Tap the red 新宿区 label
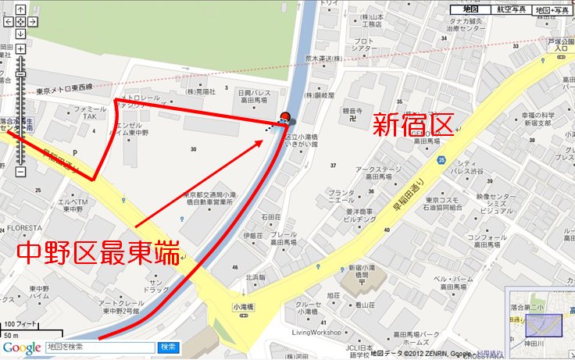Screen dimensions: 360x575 coord(412,124)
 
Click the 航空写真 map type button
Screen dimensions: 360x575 coord(509,9)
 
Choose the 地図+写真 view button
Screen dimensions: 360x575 coord(552,9)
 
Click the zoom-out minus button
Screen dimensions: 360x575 coord(20,172)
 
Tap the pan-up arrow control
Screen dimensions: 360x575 coord(20,10)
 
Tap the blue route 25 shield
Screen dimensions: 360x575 coord(442,161)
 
